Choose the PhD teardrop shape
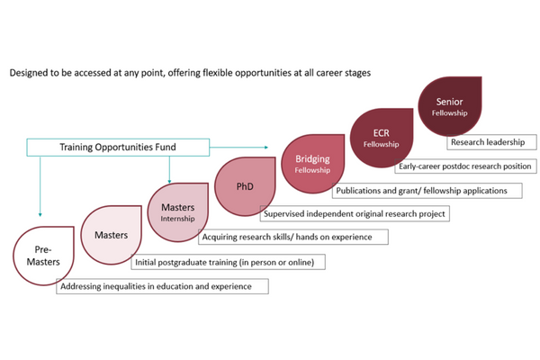243,187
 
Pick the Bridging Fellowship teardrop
312,162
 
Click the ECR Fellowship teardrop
381,137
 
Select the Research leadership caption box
491,141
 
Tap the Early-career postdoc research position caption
465,166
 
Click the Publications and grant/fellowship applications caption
421,190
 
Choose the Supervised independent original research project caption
354,213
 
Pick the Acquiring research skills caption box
293,237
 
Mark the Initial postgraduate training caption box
228,262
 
